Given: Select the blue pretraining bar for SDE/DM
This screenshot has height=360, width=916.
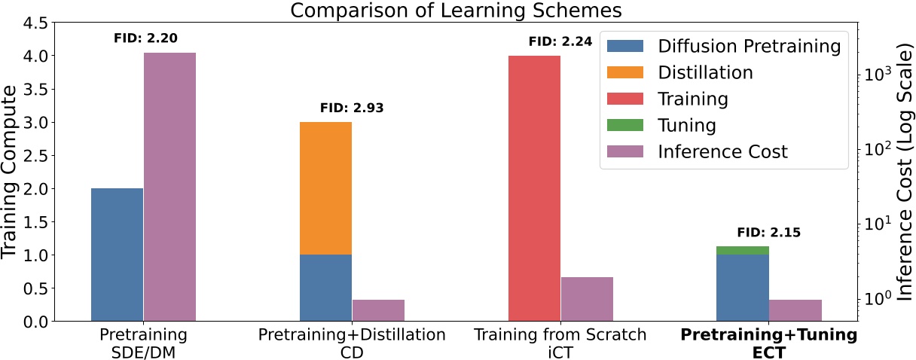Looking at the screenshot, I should (x=117, y=255).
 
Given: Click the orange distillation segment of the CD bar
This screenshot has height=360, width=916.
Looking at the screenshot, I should (x=325, y=188).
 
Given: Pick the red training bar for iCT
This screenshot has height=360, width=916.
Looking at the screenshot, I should (x=534, y=188).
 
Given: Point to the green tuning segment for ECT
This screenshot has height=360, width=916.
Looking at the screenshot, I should (x=743, y=250).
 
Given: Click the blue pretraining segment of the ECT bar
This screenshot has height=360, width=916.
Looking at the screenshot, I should (x=743, y=288).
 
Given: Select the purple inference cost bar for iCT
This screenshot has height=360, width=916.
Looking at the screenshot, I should (x=587, y=299).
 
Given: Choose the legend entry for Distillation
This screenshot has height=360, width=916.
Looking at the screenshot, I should (x=705, y=72).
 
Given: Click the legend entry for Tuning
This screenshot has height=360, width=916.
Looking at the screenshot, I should (x=686, y=125).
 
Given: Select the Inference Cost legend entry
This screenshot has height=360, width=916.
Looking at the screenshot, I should (x=722, y=151).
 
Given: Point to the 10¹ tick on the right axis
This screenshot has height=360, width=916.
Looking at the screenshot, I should (x=875, y=223).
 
